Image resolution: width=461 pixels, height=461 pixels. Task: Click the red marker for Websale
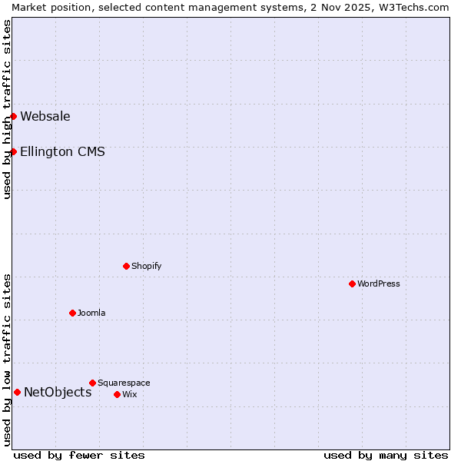pyautogui.click(x=14, y=116)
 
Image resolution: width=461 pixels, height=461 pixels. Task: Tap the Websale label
pyautogui.click(x=45, y=117)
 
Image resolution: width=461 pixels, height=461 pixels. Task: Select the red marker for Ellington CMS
pyautogui.click(x=14, y=151)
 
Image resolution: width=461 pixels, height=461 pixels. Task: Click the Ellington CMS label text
pyautogui.click(x=62, y=152)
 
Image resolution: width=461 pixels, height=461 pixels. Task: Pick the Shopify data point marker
pyautogui.click(x=126, y=266)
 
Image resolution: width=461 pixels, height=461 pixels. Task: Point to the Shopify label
pyautogui.click(x=146, y=267)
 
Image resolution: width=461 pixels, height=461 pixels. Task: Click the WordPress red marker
pyautogui.click(x=352, y=284)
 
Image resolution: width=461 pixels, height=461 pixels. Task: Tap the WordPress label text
pyautogui.click(x=378, y=284)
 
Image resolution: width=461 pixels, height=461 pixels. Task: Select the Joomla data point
pyautogui.click(x=72, y=313)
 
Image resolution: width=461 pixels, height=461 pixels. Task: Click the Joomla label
pyautogui.click(x=91, y=313)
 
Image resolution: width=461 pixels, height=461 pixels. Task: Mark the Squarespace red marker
pyautogui.click(x=92, y=383)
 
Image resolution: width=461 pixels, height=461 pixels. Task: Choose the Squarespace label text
pyautogui.click(x=124, y=383)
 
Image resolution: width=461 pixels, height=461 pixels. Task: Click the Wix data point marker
pyautogui.click(x=117, y=394)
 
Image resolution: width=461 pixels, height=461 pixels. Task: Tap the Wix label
pyautogui.click(x=129, y=395)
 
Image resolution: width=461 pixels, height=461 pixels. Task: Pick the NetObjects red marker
pyautogui.click(x=17, y=392)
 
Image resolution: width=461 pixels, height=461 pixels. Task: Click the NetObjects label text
pyautogui.click(x=58, y=393)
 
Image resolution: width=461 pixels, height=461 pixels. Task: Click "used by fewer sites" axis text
pyautogui.click(x=79, y=456)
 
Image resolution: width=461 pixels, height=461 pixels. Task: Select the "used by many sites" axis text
pyautogui.click(x=386, y=456)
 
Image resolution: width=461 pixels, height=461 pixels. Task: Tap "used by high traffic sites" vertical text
pyautogui.click(x=7, y=109)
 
